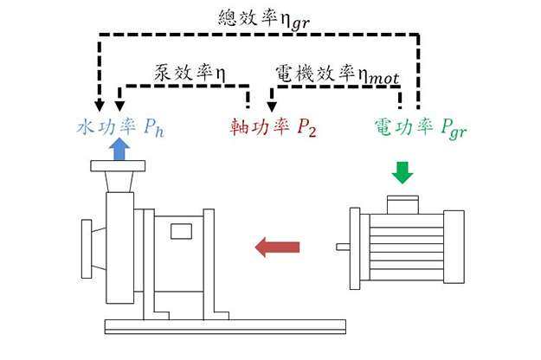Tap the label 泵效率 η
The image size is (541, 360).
[x=190, y=71]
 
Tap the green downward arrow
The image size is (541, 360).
[x=403, y=172]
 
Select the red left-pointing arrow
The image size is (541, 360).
[x=277, y=248]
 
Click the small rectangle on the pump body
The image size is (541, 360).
[x=181, y=231]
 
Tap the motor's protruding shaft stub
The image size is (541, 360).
[x=344, y=248]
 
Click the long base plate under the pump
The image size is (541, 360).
[x=224, y=326]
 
